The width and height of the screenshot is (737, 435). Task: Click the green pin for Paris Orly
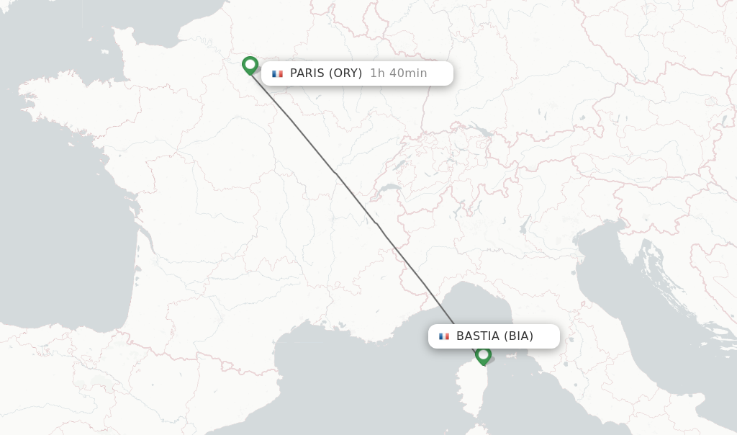point(250,66)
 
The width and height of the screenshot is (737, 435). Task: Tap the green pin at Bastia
point(483,355)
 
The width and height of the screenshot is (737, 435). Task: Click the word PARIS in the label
point(307,73)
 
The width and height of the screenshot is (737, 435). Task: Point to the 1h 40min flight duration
point(398,73)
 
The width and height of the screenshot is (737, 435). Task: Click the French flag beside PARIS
point(277,73)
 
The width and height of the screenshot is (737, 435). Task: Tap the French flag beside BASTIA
point(443,336)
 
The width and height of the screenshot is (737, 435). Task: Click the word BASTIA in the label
point(477,336)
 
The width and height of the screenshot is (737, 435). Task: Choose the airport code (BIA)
point(518,336)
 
